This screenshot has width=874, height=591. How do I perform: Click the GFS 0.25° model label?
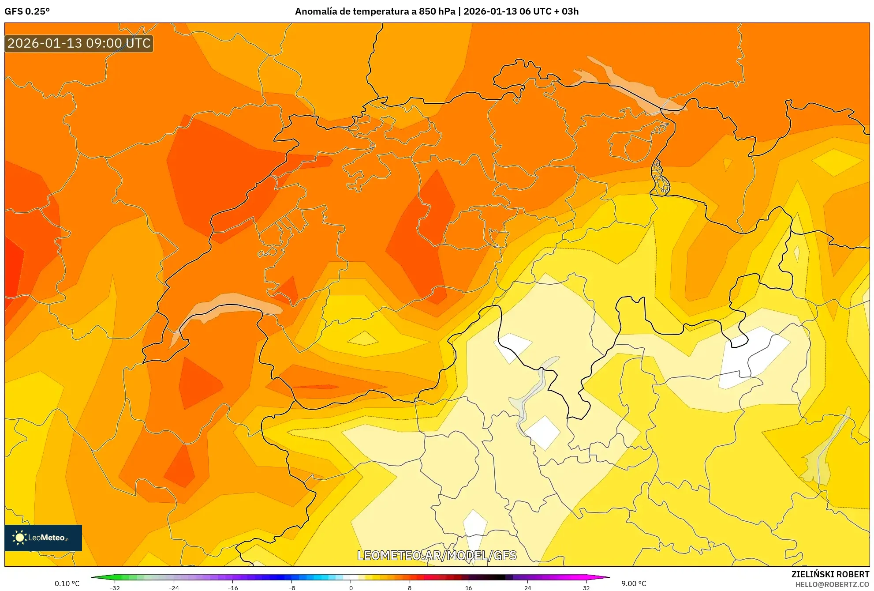(x=27, y=11)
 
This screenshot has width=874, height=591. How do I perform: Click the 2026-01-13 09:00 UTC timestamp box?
(x=79, y=43)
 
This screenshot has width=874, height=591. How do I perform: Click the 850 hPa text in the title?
(x=437, y=11)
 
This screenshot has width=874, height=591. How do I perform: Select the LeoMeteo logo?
(x=43, y=538)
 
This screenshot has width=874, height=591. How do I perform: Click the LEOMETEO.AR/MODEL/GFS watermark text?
(x=437, y=555)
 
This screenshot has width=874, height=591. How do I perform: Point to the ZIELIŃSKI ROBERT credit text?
(x=830, y=574)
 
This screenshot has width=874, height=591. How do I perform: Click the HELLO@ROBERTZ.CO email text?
(x=832, y=584)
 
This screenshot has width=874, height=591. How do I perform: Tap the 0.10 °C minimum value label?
(x=67, y=583)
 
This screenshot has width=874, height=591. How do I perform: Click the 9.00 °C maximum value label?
(x=634, y=583)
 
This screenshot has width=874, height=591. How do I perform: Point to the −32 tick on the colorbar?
(x=115, y=588)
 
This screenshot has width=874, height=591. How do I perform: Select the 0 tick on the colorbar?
(x=351, y=588)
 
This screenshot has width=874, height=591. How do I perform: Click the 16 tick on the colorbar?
(x=468, y=588)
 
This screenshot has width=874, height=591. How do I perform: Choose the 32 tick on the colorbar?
(x=586, y=588)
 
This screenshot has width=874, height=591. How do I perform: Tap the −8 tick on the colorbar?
(x=291, y=588)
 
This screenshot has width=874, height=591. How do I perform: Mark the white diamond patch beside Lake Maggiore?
(x=542, y=433)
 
